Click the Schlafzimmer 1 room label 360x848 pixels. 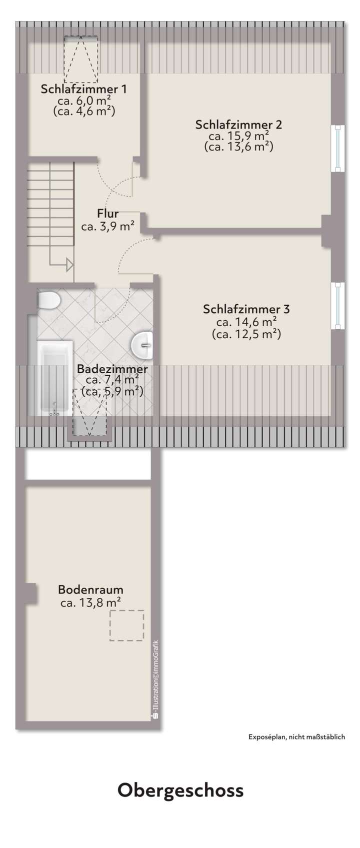coord(83,90)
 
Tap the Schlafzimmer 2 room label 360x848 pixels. coord(238,125)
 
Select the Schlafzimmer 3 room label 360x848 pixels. coord(246,309)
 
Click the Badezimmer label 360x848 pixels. coord(112,370)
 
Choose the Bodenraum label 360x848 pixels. coord(90,589)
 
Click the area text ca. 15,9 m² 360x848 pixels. coord(239,136)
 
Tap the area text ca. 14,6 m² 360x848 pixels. coord(246,322)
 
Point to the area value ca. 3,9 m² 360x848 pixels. coord(107,227)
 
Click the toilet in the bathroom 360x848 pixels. coord(48,300)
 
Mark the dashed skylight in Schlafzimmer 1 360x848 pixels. coord(80,59)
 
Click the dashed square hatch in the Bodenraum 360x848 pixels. coord(126,625)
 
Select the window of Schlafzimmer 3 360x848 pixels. coord(338,305)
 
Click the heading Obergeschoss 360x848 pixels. coord(180,790)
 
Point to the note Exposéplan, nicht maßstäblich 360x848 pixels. coord(296,736)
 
